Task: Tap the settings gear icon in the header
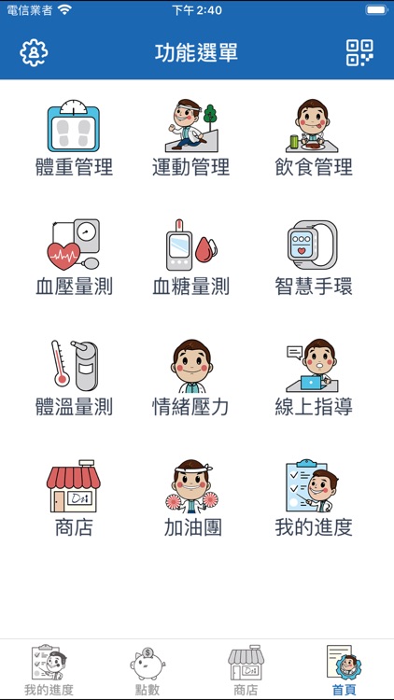[x=34, y=52]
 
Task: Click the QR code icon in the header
[x=359, y=52]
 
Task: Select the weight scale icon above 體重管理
[x=74, y=126]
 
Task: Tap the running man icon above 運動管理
[x=191, y=125]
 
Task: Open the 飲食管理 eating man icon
[x=312, y=125]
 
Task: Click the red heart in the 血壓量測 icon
[x=63, y=257]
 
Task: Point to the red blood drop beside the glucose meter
[x=206, y=250]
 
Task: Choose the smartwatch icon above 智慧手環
[x=312, y=245]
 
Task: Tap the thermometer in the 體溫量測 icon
[x=60, y=363]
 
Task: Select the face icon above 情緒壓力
[x=191, y=366]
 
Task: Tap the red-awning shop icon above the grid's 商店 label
[x=74, y=486]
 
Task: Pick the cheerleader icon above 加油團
[x=191, y=486]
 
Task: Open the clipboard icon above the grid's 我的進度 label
[x=312, y=485]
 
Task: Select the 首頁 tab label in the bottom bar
[x=344, y=690]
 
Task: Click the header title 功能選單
[x=197, y=52]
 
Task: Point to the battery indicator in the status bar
[x=376, y=10]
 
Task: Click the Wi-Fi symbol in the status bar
[x=64, y=10]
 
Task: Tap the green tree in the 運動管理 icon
[x=210, y=114]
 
